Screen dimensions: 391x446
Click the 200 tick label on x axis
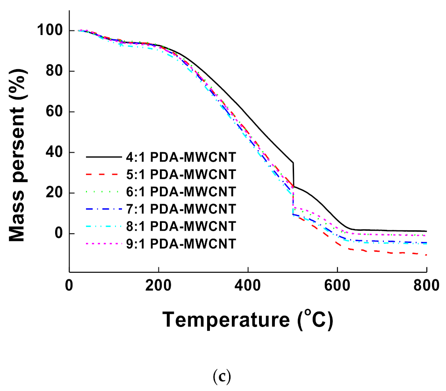coord(159,286)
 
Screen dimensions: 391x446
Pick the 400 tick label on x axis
coord(248,286)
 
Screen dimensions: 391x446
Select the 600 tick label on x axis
coord(338,286)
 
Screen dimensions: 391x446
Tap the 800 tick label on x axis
coord(426,286)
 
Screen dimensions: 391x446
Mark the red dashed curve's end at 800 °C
coord(426,255)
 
